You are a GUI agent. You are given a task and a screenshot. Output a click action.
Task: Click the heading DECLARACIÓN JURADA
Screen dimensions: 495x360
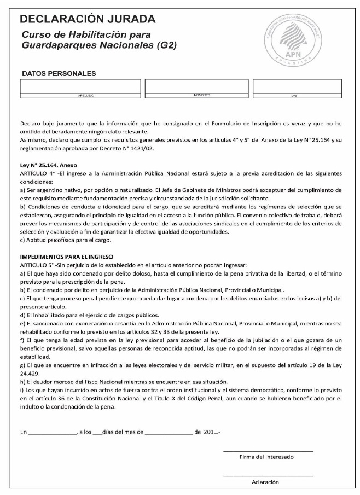tap(88, 20)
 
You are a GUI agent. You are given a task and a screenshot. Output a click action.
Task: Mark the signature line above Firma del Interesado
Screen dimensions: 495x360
tap(268, 451)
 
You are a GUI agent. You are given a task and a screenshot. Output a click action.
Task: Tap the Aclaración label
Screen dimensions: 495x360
tap(265, 482)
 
